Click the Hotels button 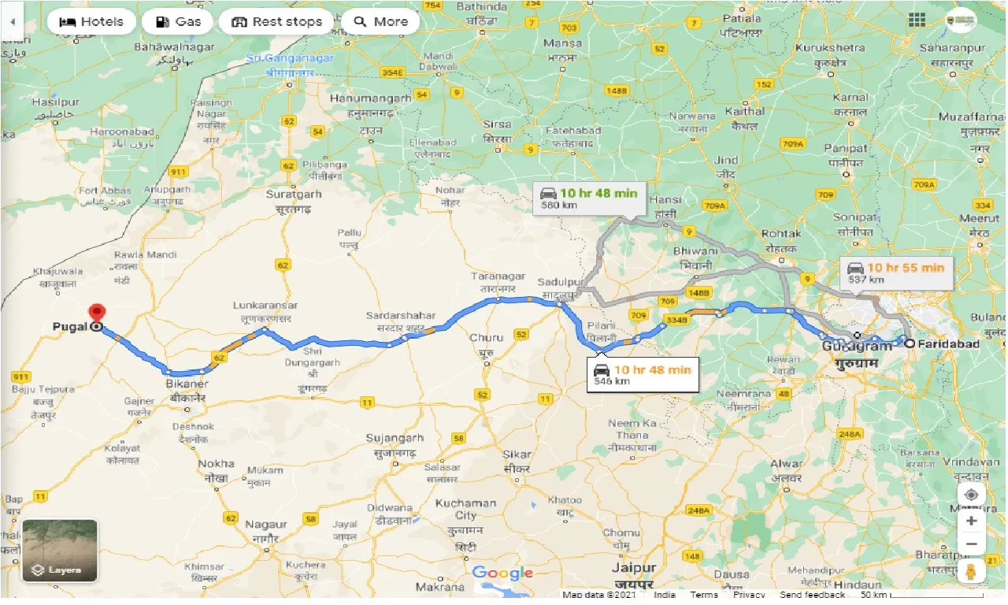pos(91,21)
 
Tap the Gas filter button pos(178,21)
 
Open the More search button pos(381,21)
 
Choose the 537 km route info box pos(896,273)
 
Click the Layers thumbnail pos(60,550)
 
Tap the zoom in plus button pos(972,521)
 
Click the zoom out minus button pos(972,544)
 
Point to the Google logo pos(503,573)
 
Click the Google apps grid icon pos(917,20)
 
